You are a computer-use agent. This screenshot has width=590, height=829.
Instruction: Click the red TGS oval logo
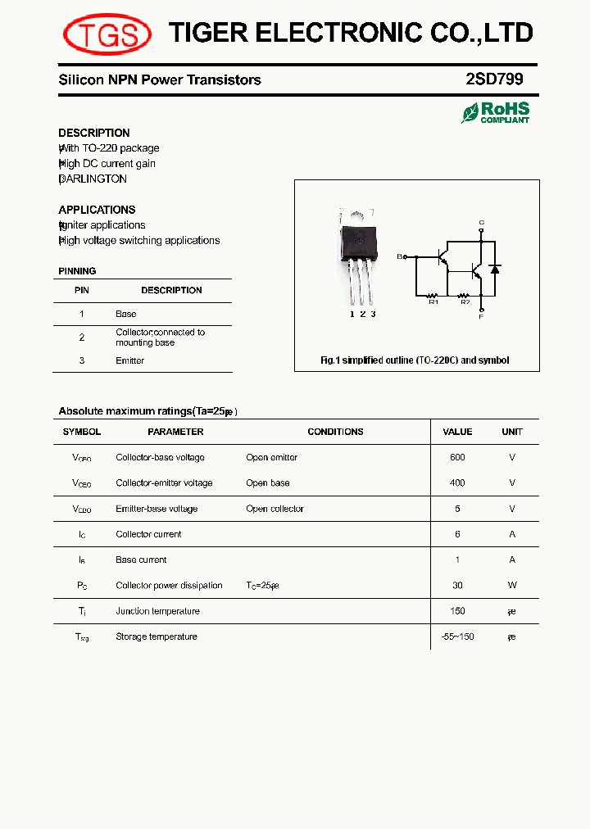click(107, 34)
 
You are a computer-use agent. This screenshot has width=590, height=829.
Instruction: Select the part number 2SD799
click(493, 79)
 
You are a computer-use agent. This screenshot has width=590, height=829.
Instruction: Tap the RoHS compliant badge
click(496, 112)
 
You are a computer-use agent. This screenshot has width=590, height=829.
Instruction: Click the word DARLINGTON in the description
click(94, 179)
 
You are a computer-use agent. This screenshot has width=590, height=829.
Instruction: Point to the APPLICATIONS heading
click(97, 210)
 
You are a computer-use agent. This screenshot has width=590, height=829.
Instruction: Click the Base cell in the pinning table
click(126, 314)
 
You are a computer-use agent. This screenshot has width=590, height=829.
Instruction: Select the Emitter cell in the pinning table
click(130, 360)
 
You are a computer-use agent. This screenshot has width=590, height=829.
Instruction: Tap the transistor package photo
click(358, 253)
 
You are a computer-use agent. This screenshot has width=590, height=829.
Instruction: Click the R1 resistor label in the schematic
click(434, 302)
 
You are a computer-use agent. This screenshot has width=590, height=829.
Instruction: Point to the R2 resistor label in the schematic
click(465, 302)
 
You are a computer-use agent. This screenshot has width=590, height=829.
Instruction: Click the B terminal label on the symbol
click(400, 256)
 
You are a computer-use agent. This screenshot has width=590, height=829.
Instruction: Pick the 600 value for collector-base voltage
click(457, 457)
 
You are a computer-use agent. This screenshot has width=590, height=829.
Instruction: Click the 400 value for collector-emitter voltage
click(457, 482)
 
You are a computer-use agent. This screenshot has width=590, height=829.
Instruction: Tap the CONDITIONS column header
click(335, 432)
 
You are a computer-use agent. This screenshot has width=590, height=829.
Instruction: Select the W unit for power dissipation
click(512, 585)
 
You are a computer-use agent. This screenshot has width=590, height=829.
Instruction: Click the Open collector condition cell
click(275, 509)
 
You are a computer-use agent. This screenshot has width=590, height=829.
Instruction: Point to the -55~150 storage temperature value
click(457, 636)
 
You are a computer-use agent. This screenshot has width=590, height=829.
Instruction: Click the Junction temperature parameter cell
click(157, 611)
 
